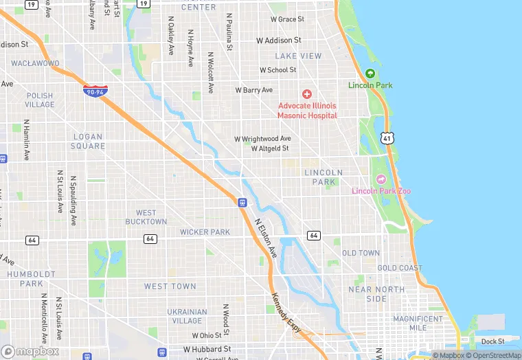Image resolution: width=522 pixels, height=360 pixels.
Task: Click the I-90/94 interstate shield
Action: [x=95, y=90]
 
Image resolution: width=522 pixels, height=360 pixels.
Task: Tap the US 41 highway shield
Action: [x=388, y=139]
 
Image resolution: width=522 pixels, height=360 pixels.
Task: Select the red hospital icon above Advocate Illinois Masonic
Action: [x=307, y=93]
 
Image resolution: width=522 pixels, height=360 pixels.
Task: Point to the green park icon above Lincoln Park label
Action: [x=370, y=74]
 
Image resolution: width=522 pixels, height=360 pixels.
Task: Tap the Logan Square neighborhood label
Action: [x=89, y=142]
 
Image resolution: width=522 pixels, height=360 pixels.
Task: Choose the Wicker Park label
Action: [x=205, y=232]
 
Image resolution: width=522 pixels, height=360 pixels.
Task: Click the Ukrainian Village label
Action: [x=186, y=316]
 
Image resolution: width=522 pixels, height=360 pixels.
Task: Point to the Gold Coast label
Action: [x=400, y=268]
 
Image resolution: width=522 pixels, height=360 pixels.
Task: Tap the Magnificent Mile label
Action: [x=418, y=323]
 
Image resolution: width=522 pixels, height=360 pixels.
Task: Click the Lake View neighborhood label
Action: [x=298, y=56]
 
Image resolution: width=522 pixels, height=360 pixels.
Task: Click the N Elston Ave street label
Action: [x=265, y=239]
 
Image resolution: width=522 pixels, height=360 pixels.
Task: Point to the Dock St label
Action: [x=492, y=341]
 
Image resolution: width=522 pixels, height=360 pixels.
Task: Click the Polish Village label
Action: [x=40, y=100]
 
